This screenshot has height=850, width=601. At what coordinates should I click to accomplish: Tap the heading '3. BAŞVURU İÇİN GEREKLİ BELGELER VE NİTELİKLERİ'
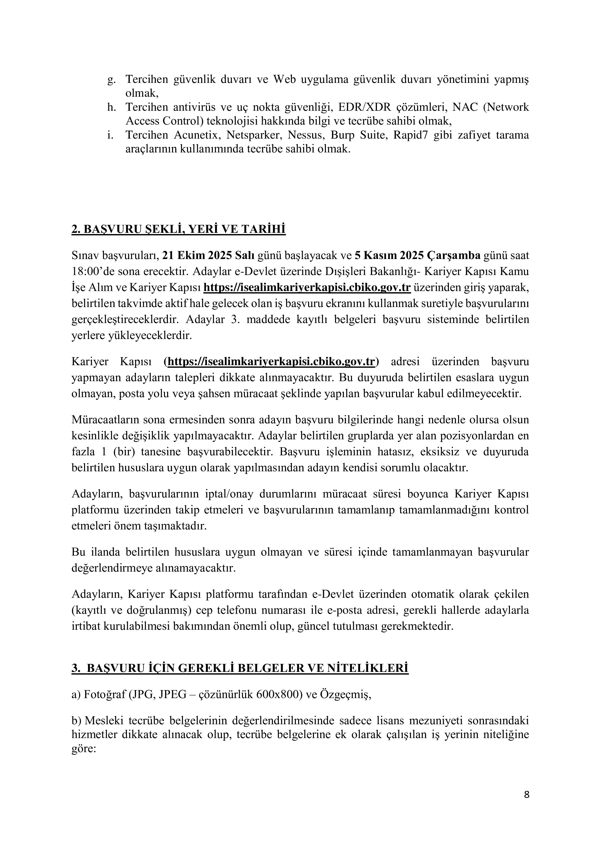(240, 668)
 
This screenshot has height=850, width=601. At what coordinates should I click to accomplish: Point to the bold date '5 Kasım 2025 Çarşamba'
(417, 255)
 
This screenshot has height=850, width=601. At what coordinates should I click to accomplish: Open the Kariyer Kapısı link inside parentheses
(272, 361)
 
